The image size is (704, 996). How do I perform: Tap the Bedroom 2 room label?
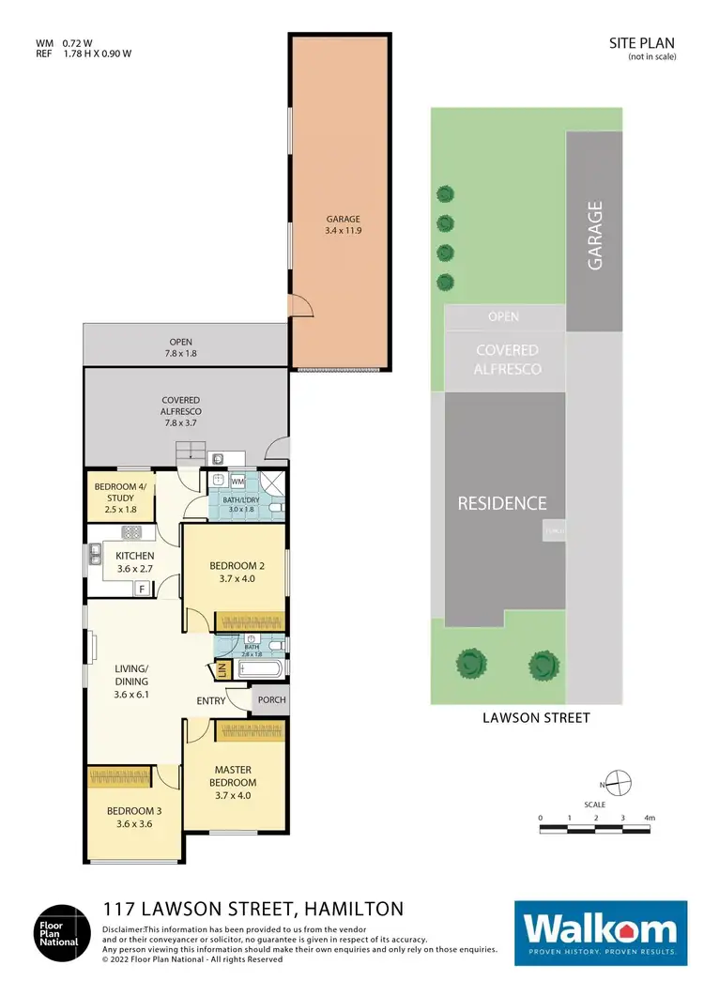[232, 572]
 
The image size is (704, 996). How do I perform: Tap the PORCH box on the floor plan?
[270, 700]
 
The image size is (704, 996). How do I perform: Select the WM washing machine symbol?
[237, 482]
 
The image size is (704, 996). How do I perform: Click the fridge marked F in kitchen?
[142, 589]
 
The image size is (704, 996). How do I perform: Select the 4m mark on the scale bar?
[649, 819]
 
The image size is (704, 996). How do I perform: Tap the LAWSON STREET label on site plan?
[536, 718]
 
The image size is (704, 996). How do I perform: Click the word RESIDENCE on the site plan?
[501, 503]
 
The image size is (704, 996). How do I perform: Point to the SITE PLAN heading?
[636, 43]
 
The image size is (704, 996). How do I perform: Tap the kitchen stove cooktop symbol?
[130, 532]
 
